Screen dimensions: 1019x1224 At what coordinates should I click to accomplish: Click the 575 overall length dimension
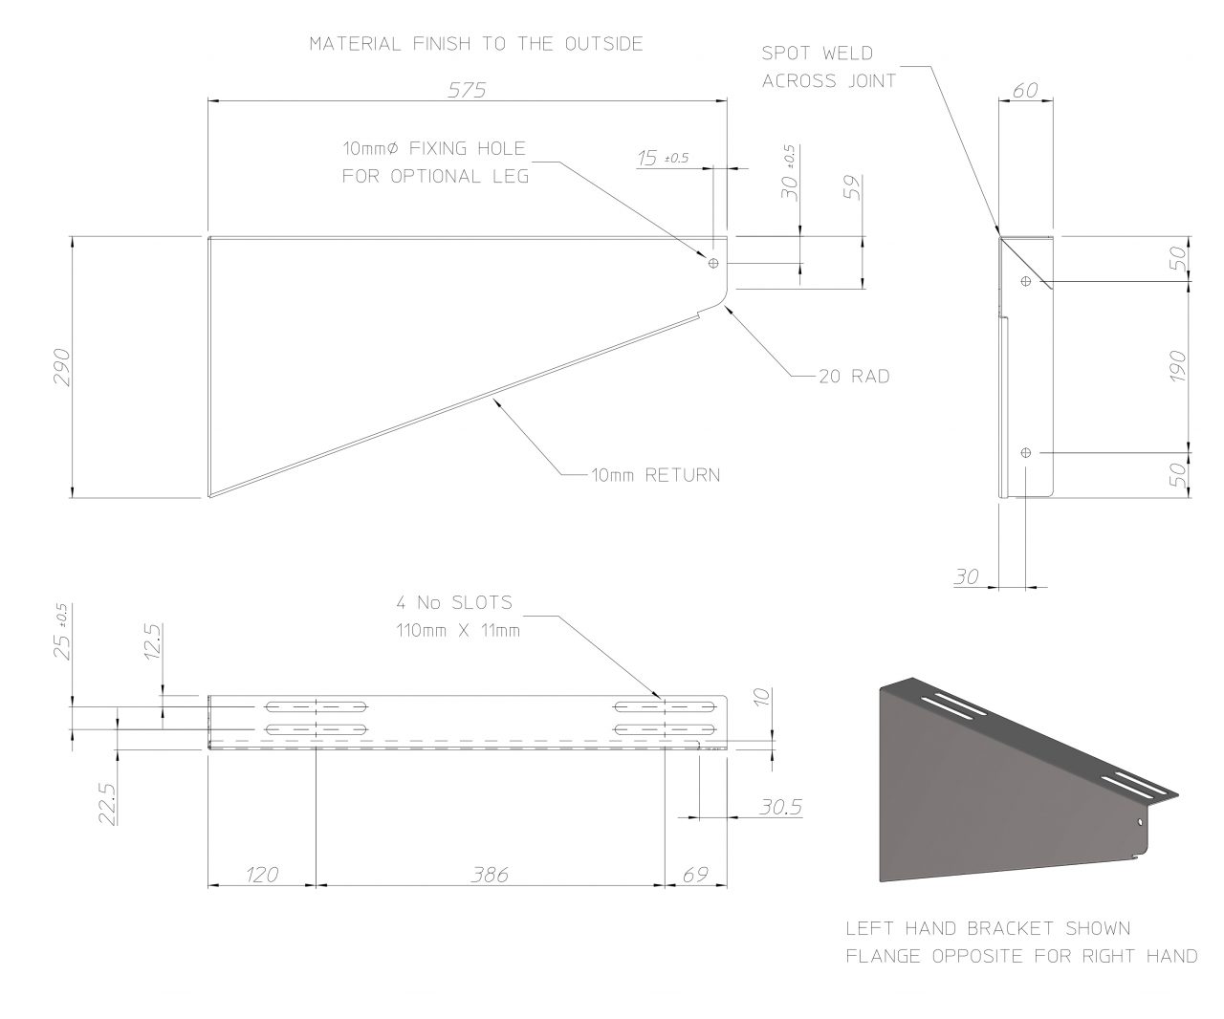(x=469, y=90)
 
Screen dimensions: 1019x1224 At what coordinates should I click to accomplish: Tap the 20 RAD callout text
(x=854, y=377)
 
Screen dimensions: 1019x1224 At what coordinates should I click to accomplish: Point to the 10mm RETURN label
(x=655, y=475)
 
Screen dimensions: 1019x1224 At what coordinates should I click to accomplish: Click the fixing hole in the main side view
(x=713, y=263)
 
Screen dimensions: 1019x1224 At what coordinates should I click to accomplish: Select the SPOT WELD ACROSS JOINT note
(x=828, y=67)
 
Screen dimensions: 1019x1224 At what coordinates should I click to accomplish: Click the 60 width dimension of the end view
(x=1025, y=90)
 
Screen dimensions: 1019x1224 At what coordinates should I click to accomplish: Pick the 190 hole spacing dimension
(x=1176, y=366)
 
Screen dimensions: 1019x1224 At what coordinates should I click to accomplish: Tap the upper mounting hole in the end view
(x=1026, y=281)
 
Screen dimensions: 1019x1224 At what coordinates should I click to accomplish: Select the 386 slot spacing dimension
(x=489, y=874)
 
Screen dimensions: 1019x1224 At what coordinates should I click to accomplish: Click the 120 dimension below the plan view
(x=260, y=874)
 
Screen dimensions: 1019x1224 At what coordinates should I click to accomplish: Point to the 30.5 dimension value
(x=780, y=807)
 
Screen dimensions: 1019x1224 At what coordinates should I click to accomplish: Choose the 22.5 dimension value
(x=106, y=803)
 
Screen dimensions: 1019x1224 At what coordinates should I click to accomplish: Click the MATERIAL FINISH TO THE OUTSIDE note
(x=475, y=44)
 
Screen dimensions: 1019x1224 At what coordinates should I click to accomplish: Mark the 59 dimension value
(x=853, y=187)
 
